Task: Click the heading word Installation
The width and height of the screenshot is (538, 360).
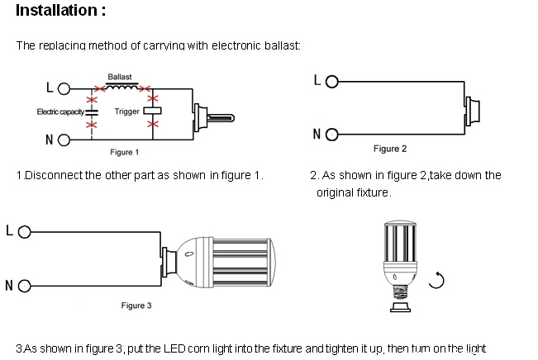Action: tap(56, 12)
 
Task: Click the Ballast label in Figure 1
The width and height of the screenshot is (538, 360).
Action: tap(119, 77)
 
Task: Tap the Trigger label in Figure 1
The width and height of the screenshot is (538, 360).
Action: tap(127, 111)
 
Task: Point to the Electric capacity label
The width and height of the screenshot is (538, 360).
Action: tap(60, 111)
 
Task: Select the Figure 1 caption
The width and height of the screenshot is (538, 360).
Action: tap(125, 152)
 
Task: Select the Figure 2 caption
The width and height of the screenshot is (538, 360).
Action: tap(390, 149)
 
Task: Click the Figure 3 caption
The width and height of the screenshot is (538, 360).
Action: tap(136, 306)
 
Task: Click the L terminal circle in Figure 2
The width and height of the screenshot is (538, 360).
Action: tap(332, 83)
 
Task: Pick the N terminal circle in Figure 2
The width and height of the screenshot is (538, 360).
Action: tap(332, 134)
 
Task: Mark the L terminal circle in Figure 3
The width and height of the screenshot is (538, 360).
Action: tap(23, 231)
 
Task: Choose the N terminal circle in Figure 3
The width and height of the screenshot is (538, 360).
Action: tap(23, 287)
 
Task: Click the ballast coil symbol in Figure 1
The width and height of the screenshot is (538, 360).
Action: tap(122, 86)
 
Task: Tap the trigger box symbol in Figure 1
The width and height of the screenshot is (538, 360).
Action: tap(152, 111)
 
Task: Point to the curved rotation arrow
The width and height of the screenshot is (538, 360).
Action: tap(437, 281)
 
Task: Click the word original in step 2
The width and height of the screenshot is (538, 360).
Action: tap(335, 192)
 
